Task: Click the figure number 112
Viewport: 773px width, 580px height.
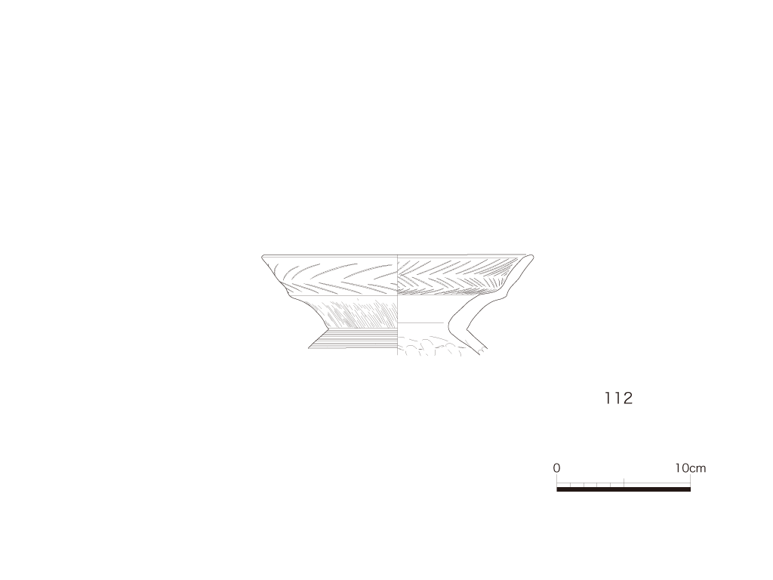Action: point(619,398)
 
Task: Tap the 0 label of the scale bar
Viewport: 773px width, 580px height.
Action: point(556,467)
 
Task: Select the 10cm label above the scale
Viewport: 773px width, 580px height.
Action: point(690,468)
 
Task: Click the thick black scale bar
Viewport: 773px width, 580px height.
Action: point(624,489)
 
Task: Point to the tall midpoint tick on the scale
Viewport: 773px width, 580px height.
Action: point(624,483)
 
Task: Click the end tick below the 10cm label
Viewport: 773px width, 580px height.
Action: point(690,481)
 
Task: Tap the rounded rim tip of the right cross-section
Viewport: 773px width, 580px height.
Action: point(530,256)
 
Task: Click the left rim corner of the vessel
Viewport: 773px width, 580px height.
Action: point(263,256)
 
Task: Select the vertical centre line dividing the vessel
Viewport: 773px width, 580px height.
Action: point(397,305)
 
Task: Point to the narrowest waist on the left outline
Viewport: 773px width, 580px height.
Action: point(327,329)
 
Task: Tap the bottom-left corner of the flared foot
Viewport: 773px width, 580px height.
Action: point(309,348)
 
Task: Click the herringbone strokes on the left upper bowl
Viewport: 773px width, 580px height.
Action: point(331,276)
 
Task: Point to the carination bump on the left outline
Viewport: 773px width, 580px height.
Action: point(289,294)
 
